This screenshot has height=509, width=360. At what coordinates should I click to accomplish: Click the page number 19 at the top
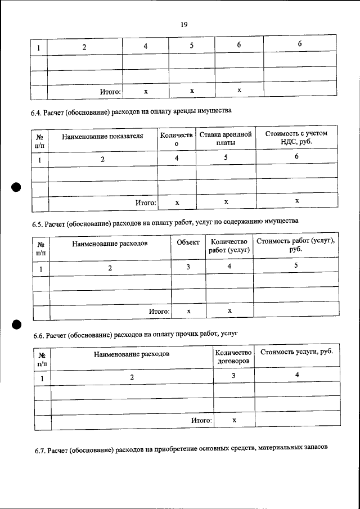coord(183,24)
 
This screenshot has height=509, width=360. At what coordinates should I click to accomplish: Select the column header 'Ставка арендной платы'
coord(226,139)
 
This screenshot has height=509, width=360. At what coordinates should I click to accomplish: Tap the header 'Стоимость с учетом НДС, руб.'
coord(296,138)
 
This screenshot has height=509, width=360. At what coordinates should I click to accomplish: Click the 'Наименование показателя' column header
coord(102,136)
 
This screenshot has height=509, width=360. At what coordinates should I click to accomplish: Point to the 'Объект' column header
coord(188,242)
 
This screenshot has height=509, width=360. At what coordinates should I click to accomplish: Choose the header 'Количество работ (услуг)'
coord(229,246)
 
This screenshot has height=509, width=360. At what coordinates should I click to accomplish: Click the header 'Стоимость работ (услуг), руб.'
coord(296,245)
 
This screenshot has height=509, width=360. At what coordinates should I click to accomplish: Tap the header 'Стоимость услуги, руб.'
coord(296,352)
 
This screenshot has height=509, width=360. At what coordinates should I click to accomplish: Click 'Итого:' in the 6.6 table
coord(201,420)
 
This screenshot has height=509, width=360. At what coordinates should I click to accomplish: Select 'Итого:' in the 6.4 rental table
coord(145,201)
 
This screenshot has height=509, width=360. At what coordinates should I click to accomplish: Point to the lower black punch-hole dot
coord(16,323)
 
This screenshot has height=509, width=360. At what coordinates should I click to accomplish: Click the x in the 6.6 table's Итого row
coord(233,420)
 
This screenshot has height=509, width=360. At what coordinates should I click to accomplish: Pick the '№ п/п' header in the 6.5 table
coord(41,249)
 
